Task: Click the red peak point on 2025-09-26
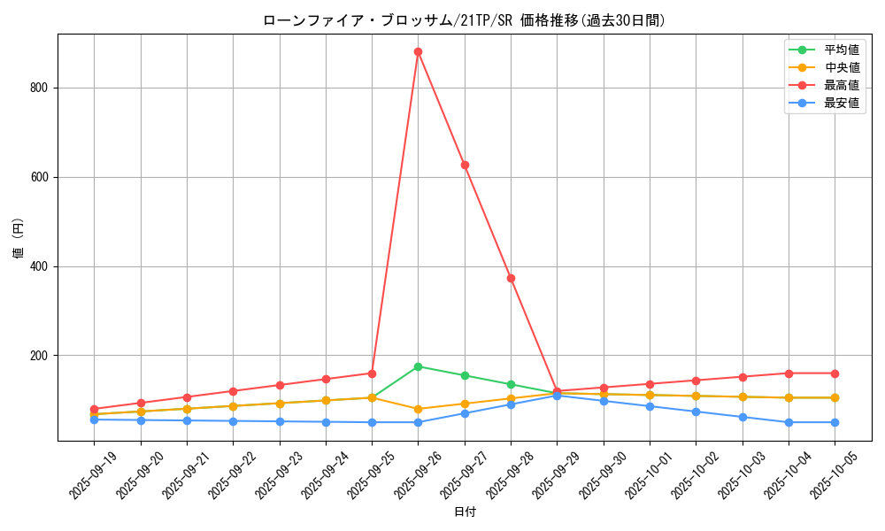pos(418,51)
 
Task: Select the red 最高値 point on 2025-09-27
pos(465,165)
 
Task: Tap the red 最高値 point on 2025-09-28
pos(511,278)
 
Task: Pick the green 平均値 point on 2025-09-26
pos(418,366)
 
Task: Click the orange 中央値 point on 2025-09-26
pos(418,409)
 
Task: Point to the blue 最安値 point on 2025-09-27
pos(465,413)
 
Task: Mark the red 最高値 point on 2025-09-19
pos(94,409)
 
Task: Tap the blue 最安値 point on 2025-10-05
pos(835,422)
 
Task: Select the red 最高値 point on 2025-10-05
pos(835,373)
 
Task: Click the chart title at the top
pos(464,20)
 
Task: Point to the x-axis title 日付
pos(465,512)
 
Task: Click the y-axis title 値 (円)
pos(19,238)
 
